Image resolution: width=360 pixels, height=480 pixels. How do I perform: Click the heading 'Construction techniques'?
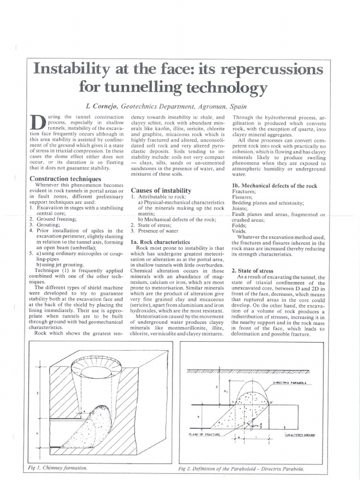65,179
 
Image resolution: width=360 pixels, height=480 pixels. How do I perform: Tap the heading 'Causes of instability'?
161,190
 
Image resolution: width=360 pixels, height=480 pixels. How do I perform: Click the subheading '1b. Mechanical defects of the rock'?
275,186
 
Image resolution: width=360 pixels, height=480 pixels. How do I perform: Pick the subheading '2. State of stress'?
260,271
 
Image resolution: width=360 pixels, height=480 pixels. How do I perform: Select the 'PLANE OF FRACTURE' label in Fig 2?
206,435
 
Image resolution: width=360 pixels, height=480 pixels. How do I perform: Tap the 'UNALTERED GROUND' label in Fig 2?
300,435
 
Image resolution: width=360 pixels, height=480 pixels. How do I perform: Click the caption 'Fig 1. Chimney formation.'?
58,468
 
